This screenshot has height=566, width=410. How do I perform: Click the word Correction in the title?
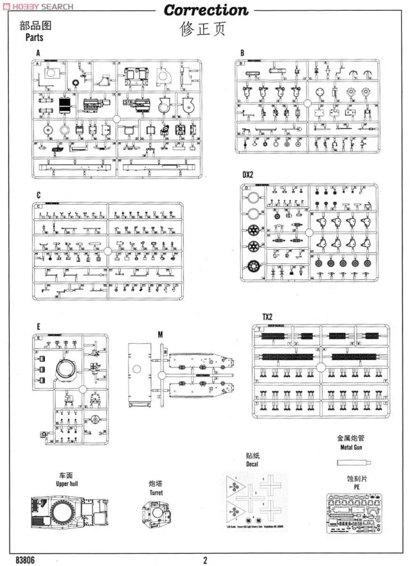pyautogui.click(x=205, y=10)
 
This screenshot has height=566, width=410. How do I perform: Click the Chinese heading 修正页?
pyautogui.click(x=205, y=28)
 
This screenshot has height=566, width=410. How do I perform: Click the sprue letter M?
pyautogui.click(x=160, y=334)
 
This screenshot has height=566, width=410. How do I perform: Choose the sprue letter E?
pyautogui.click(x=38, y=327)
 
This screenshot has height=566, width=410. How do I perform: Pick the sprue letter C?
pyautogui.click(x=38, y=195)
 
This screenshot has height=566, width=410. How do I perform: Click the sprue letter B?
pyautogui.click(x=242, y=53)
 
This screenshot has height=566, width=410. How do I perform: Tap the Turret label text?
pyautogui.click(x=156, y=492)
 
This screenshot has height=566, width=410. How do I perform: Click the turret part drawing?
pyautogui.click(x=157, y=515)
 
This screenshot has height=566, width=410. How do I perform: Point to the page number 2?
pyautogui.click(x=205, y=560)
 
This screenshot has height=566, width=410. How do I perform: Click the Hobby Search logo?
pyautogui.click(x=38, y=6)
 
